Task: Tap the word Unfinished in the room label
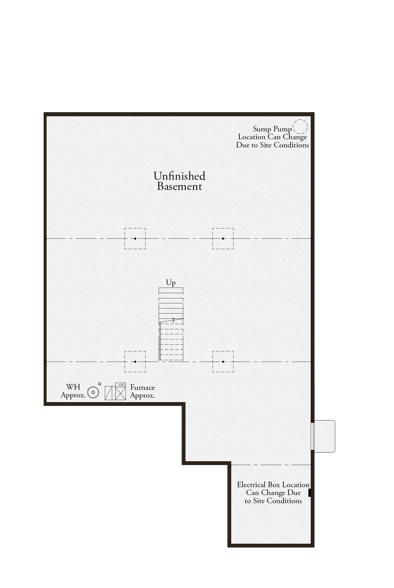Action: coord(179,176)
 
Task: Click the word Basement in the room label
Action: coord(179,186)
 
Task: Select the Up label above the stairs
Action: coord(171,283)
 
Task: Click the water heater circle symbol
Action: coord(93,392)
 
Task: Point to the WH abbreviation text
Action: coord(73,387)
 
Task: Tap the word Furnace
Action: coord(143,388)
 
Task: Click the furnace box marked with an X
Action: coord(121,393)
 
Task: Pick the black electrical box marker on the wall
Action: coord(310,493)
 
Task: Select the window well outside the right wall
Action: coord(324,436)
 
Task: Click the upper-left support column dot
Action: coord(135,239)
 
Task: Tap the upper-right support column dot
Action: coord(223,239)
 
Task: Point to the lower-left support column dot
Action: coord(135,362)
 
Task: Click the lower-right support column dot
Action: coord(223,362)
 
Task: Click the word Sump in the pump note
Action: coord(262,129)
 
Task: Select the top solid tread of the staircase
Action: coord(171,291)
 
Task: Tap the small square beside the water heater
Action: coord(100,384)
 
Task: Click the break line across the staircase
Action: coord(171,321)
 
